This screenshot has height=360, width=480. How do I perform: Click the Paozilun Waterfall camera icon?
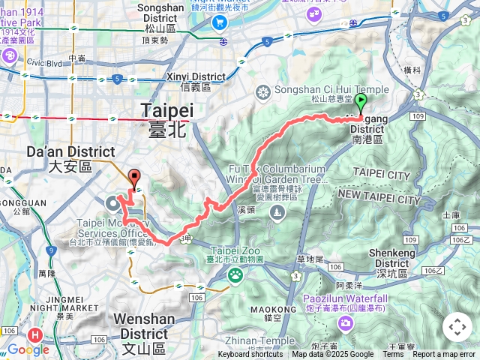tap(345, 323)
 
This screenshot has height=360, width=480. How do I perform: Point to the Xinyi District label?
tap(196, 76)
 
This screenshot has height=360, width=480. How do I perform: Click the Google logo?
tap(28, 349)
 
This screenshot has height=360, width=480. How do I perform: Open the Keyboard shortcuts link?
tap(250, 355)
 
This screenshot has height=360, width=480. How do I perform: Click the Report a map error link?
tap(444, 355)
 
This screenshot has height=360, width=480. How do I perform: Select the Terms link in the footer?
tap(393, 355)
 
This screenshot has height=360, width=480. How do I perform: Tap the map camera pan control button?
tap(457, 328)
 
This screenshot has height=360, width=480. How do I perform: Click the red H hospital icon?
tap(34, 335)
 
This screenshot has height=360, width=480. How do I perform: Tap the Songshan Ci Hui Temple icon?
tap(262, 92)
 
